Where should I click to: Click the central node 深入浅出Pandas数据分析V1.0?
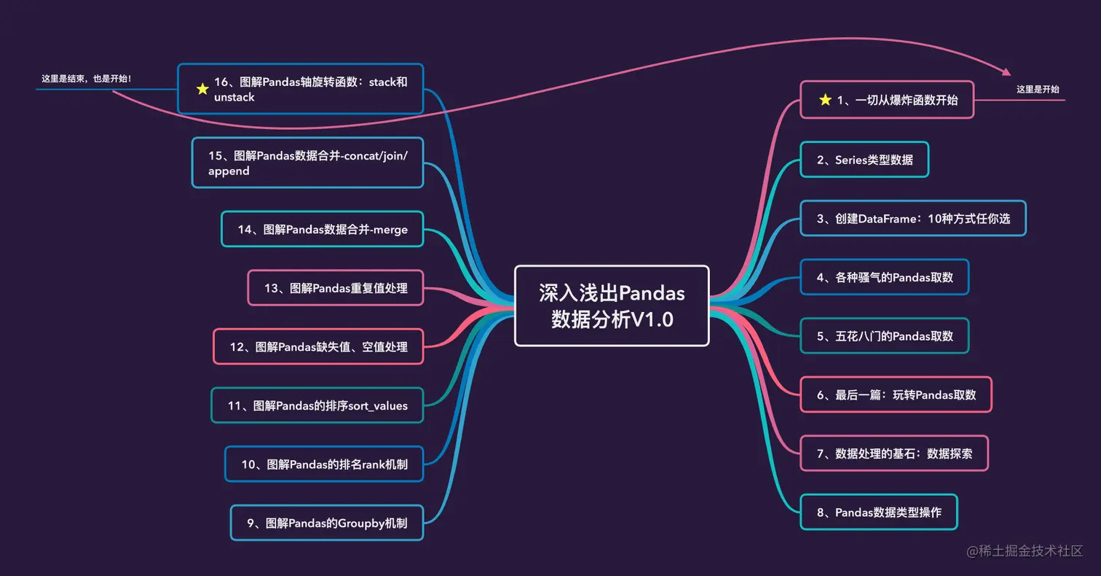(x=612, y=305)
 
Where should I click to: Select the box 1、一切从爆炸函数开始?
(x=887, y=100)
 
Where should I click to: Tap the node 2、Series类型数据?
(x=864, y=159)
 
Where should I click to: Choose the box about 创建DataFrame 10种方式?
(x=913, y=218)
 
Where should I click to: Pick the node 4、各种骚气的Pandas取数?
(x=885, y=277)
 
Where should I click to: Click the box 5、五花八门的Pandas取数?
(x=885, y=336)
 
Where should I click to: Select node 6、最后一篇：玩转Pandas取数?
(x=896, y=394)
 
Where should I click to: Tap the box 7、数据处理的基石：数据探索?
(x=894, y=454)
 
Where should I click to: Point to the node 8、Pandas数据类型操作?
(x=879, y=512)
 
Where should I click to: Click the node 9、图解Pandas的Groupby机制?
(x=327, y=523)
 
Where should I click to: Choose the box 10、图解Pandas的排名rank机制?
(x=324, y=464)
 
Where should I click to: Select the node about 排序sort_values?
(x=317, y=405)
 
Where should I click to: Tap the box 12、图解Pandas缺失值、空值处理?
(x=318, y=346)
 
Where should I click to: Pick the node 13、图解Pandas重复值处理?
(x=336, y=288)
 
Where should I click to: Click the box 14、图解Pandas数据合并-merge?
(x=323, y=229)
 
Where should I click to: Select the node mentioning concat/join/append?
(x=307, y=163)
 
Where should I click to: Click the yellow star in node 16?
(x=202, y=89)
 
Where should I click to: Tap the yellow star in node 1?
(x=825, y=100)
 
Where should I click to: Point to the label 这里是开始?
(x=1038, y=89)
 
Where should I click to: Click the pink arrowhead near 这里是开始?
(x=1007, y=72)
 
